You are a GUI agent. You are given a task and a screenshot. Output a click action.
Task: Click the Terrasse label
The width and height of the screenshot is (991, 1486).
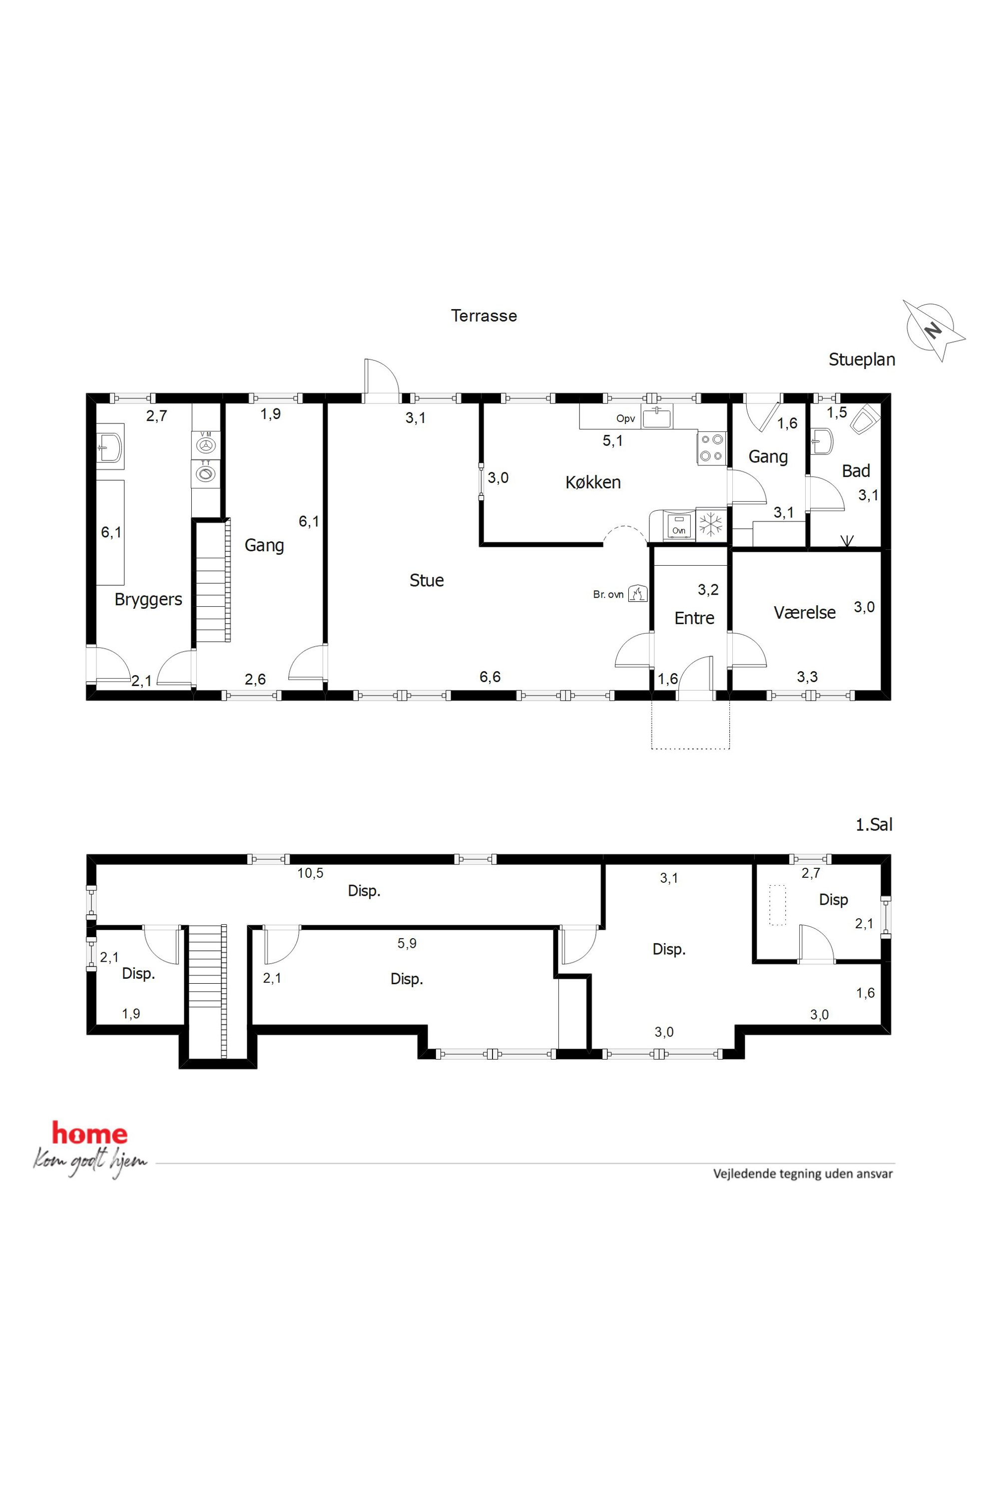(x=484, y=316)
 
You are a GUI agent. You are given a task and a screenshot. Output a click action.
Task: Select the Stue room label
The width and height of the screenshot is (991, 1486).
(x=427, y=581)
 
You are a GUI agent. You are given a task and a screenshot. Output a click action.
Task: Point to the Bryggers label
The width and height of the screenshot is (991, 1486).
(x=148, y=600)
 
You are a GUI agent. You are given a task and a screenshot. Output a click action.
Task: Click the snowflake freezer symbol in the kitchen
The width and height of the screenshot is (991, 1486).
(x=711, y=524)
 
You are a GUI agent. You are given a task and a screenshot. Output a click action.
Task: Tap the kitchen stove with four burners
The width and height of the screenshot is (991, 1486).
(x=712, y=448)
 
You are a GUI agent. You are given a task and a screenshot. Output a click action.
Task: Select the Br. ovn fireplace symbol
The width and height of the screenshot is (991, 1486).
(x=638, y=594)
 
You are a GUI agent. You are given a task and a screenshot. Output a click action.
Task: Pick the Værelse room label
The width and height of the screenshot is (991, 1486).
(x=805, y=612)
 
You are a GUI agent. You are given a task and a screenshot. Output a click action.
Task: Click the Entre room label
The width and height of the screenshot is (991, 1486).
(x=694, y=618)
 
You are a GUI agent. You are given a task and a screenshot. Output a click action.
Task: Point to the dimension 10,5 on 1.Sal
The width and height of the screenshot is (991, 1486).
(x=310, y=873)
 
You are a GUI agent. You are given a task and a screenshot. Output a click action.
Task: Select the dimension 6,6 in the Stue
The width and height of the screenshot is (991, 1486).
(x=490, y=677)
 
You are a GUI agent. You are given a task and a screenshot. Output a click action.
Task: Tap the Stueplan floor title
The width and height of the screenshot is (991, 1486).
(x=862, y=360)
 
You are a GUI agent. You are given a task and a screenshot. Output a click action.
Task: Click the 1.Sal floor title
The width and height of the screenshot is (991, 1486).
(x=874, y=824)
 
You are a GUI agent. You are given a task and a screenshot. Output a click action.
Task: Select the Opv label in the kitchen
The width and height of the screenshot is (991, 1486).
(x=626, y=419)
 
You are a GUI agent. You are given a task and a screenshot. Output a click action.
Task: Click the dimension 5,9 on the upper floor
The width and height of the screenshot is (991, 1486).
(x=407, y=943)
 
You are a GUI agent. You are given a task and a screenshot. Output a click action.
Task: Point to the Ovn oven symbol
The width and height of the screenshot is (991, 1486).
(x=679, y=526)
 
